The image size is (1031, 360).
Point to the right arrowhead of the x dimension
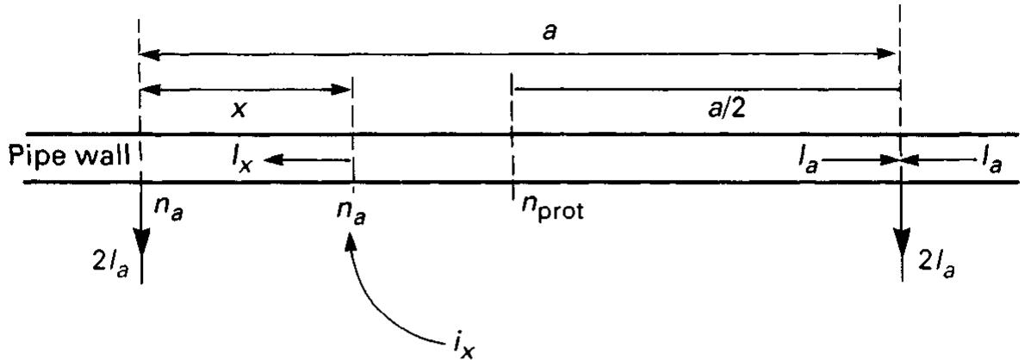coord(346,88)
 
